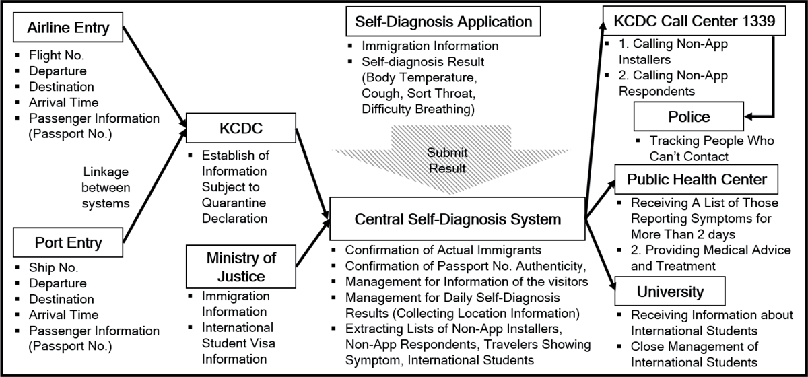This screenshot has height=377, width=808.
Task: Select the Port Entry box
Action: [x=69, y=242]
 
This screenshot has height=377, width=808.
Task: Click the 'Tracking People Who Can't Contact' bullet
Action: [x=711, y=148]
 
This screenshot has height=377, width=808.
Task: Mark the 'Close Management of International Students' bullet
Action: [x=694, y=354]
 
